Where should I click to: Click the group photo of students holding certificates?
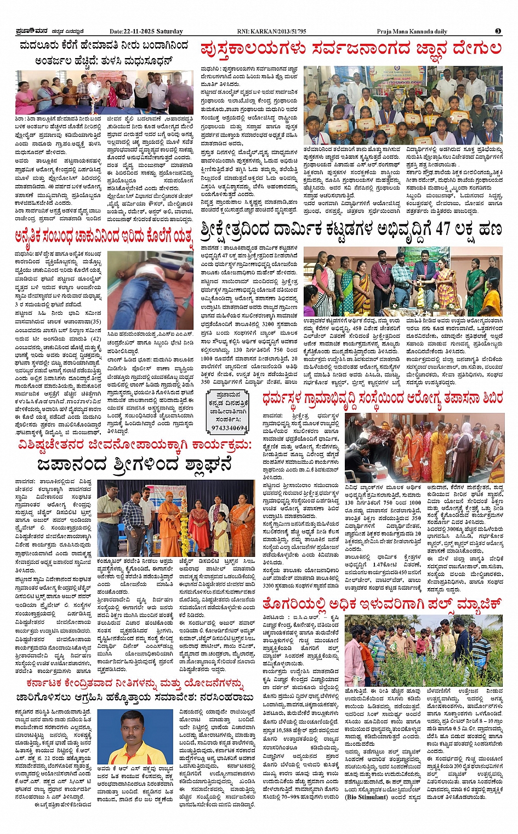click(x=411, y=105)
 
